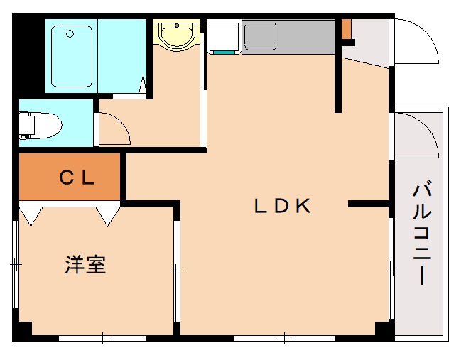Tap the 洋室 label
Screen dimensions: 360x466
coord(85,266)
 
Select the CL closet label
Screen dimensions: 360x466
coord(77,178)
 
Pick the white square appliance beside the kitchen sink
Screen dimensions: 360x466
coord(223,36)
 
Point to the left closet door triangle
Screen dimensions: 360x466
coord(31,216)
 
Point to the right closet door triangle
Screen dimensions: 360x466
coord(108,216)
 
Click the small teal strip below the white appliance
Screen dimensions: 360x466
coord(223,52)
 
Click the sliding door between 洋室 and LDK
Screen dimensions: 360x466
coord(176,270)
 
